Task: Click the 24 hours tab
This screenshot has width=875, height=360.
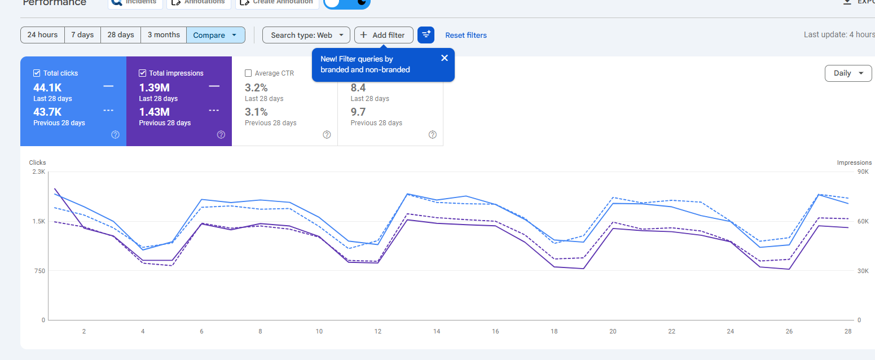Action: click(x=42, y=35)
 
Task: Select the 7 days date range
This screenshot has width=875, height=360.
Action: click(x=82, y=35)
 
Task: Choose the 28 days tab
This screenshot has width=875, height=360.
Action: click(x=121, y=35)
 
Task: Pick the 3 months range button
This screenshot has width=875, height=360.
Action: click(x=164, y=35)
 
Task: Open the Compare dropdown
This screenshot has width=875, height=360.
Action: click(x=216, y=35)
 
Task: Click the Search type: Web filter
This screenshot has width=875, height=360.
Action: click(x=306, y=35)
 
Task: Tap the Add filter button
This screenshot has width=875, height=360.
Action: click(x=384, y=35)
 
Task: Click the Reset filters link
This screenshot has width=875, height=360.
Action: click(x=466, y=36)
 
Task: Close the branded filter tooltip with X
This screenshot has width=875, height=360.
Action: click(x=445, y=58)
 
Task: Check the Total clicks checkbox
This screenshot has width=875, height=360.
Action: click(x=37, y=73)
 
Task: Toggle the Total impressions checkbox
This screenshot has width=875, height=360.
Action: click(x=143, y=73)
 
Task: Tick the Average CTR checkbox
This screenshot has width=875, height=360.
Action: click(x=248, y=73)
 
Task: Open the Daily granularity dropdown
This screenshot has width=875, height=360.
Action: click(x=848, y=73)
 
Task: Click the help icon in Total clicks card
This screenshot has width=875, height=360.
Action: click(x=116, y=134)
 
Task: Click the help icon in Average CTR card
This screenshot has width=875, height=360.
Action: click(x=327, y=134)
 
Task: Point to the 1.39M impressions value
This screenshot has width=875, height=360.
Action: click(x=155, y=87)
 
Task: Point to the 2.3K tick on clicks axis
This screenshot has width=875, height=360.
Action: click(x=38, y=172)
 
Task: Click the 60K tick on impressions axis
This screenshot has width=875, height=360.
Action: click(x=863, y=221)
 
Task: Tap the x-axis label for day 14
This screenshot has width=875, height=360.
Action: click(x=437, y=331)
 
